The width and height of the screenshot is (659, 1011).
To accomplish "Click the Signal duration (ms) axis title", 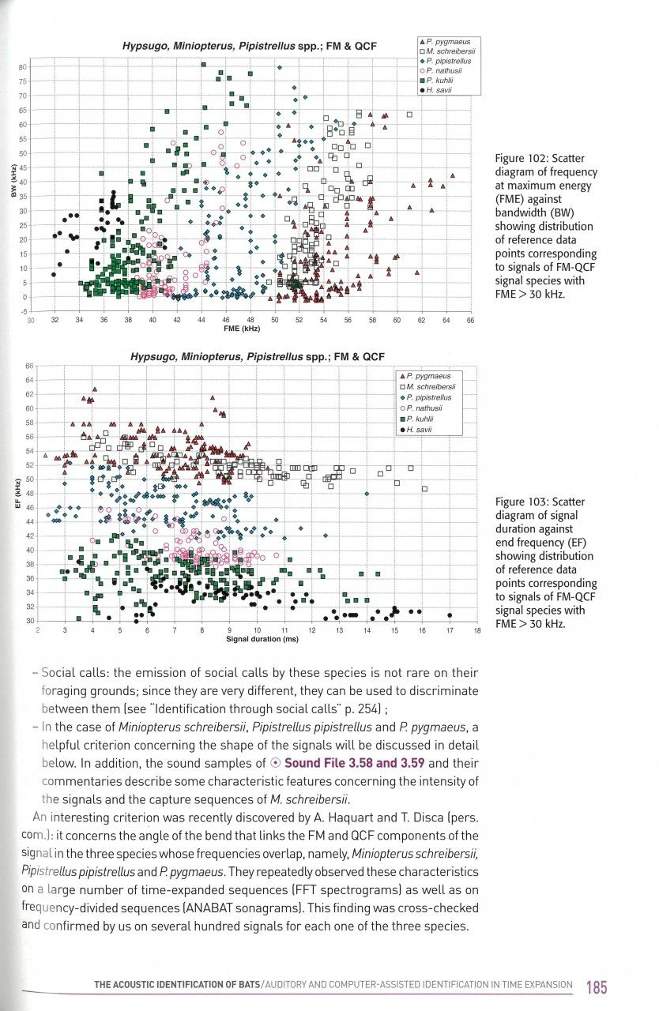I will click(262, 639).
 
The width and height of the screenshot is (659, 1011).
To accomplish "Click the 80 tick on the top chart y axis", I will click(24, 68).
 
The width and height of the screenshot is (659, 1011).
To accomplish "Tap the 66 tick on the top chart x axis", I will click(469, 319).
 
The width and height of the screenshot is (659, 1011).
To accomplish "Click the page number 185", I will click(597, 987).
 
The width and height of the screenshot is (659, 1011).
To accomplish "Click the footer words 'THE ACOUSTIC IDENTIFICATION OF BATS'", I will click(177, 985).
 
